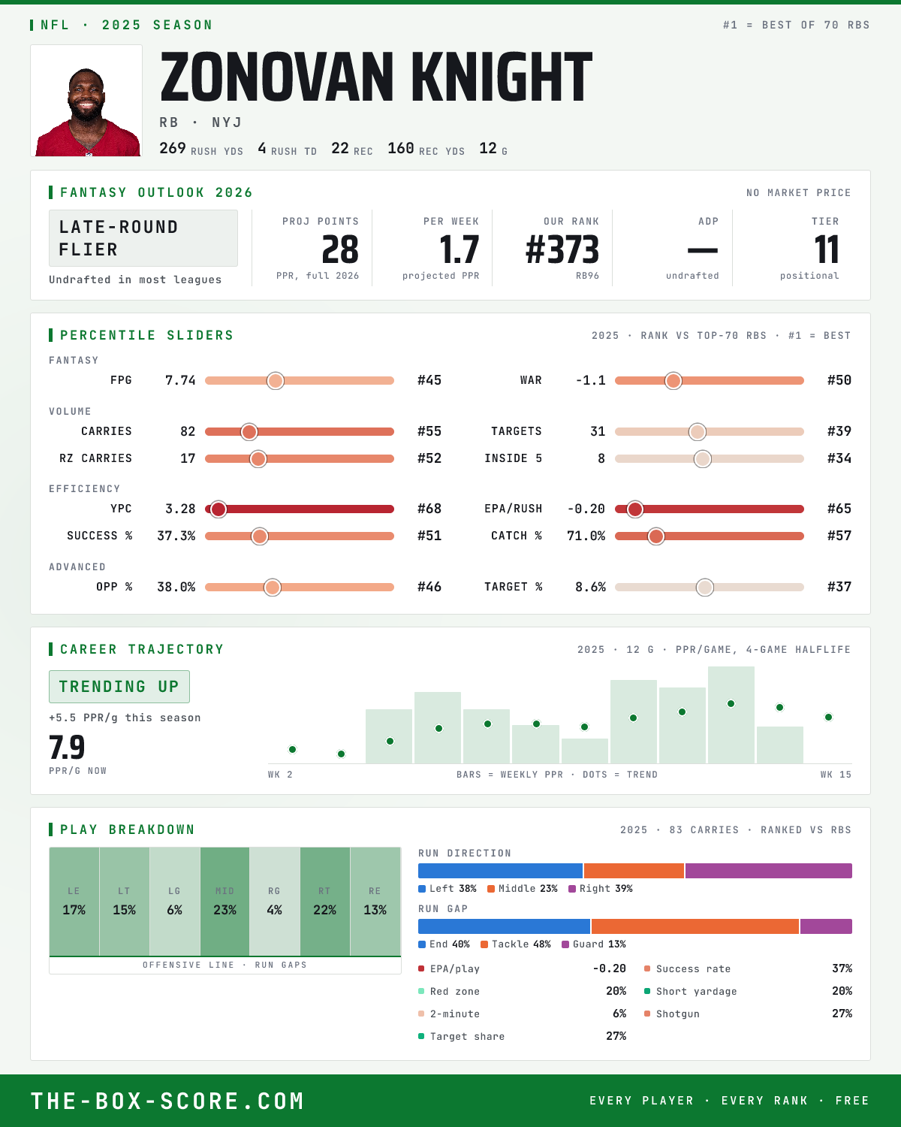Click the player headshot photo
point(86,101)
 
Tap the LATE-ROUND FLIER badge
point(143,238)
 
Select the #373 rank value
point(562,249)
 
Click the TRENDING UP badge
point(119,686)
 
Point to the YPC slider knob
point(218,509)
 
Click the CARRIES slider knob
point(249,431)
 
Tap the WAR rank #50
point(839,380)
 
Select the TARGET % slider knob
point(705,587)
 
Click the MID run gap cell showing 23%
point(224,902)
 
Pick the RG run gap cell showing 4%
point(274,902)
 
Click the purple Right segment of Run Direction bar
point(769,871)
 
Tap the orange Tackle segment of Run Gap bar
point(695,926)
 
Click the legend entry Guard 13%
point(594,944)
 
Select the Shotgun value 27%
point(842,1014)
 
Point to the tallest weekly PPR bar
point(731,715)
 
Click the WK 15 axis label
point(836,775)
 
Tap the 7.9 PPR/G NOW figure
point(67,748)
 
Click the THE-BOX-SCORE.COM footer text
point(167,1101)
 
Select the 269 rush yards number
point(173,148)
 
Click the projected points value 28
point(340,249)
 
